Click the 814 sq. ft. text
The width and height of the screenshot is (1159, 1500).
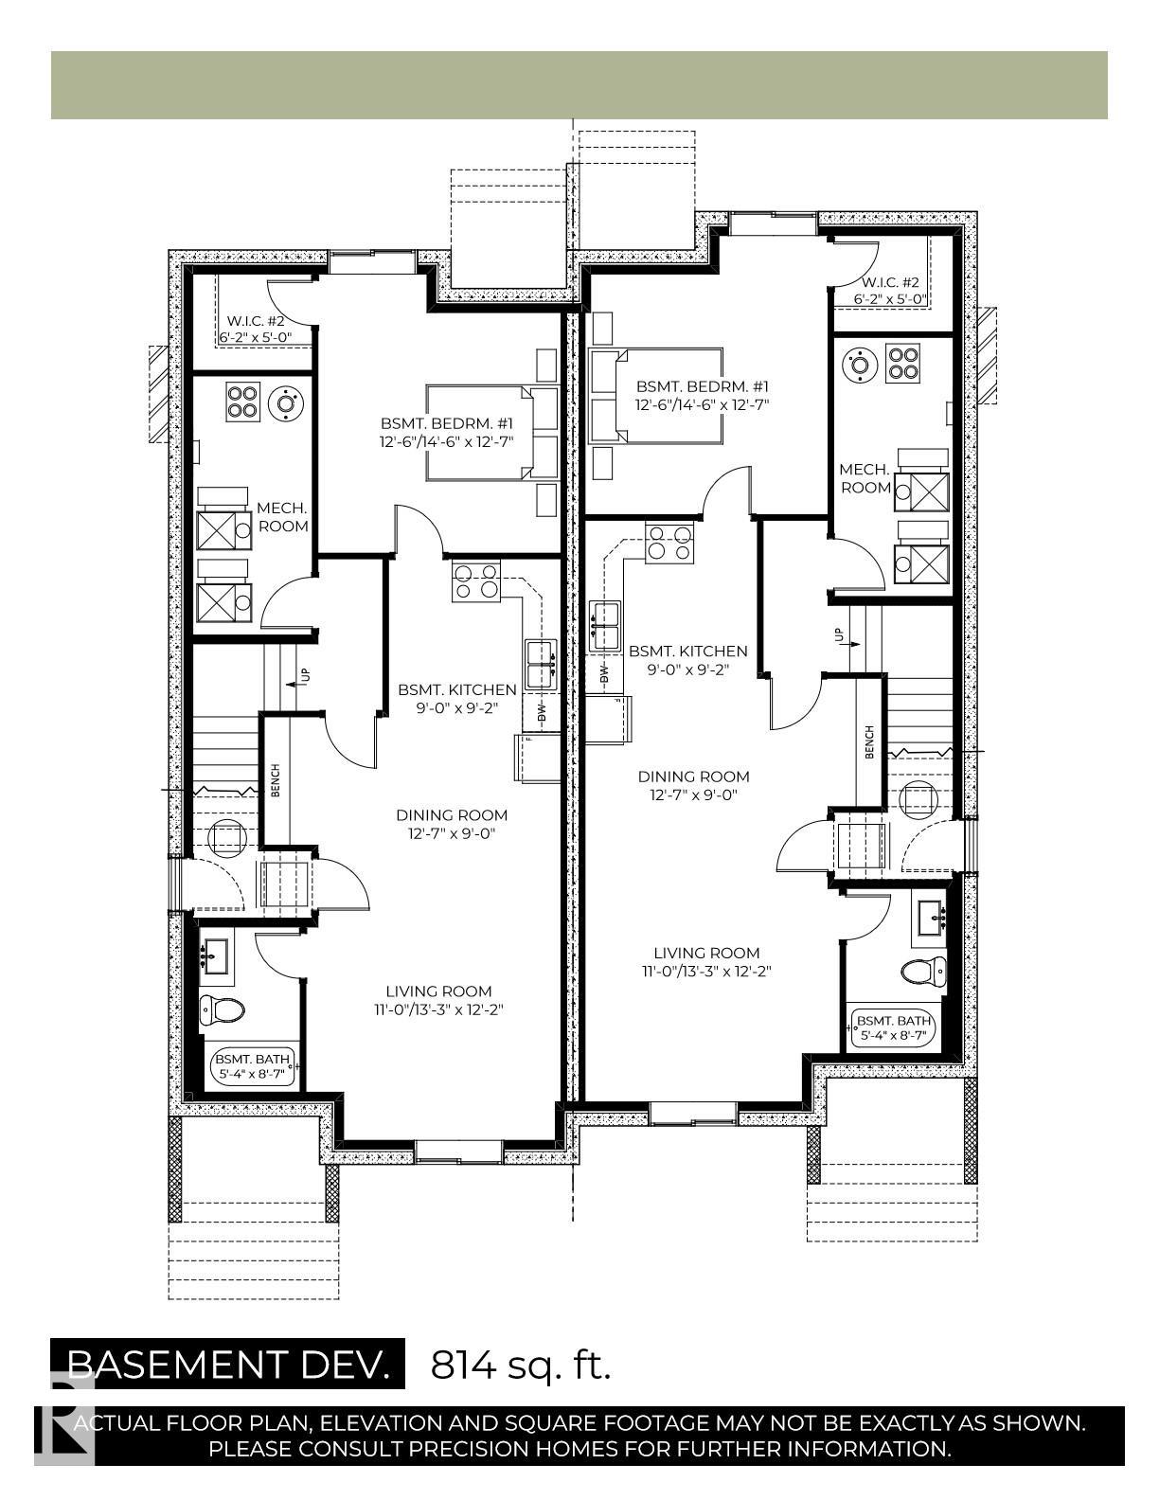click(521, 1365)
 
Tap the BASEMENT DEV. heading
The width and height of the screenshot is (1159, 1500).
click(228, 1365)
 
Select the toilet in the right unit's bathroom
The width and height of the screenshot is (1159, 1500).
click(924, 971)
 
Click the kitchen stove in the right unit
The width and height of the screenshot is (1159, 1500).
click(669, 544)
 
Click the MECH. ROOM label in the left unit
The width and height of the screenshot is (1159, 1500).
click(282, 517)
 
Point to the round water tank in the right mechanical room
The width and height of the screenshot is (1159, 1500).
click(861, 364)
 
